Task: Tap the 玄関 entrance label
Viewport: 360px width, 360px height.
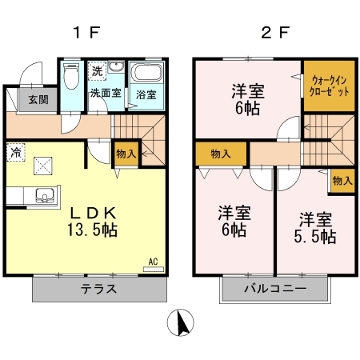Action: (31, 100)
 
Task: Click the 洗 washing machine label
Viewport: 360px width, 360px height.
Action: (97, 71)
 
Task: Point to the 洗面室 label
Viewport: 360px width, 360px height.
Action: (105, 94)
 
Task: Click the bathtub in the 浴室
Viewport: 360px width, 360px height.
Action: (147, 74)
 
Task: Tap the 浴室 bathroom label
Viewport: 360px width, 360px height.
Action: (146, 94)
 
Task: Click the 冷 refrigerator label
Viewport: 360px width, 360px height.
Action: (16, 150)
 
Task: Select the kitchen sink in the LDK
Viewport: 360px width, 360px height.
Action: (42, 194)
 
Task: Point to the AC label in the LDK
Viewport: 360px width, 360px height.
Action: (154, 261)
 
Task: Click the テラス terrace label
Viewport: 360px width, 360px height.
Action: (98, 289)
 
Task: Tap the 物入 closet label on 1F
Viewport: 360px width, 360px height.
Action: (126, 152)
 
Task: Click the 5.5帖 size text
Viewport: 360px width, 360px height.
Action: (316, 237)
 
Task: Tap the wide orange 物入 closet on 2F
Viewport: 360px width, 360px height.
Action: (221, 154)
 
